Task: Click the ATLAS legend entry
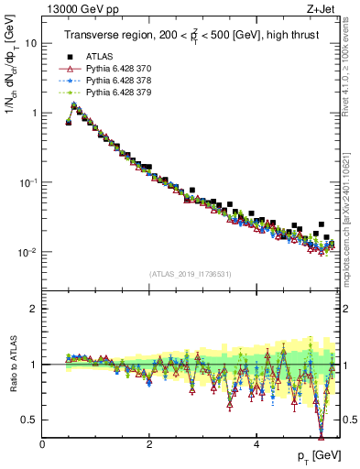point(100,58)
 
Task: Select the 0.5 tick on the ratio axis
point(29,420)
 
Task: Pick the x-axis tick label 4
point(256,444)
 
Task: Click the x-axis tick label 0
point(43,444)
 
